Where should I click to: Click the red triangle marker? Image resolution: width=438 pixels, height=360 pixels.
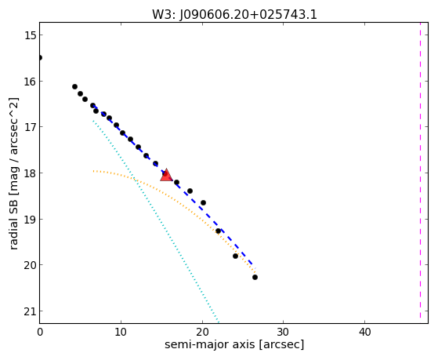point(166,175)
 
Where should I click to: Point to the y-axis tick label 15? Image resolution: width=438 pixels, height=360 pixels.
point(30,35)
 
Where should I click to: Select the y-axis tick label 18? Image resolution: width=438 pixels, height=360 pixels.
point(30,173)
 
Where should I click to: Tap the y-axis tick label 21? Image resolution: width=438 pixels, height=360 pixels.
point(30,311)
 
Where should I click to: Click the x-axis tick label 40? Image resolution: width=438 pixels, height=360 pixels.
point(364,333)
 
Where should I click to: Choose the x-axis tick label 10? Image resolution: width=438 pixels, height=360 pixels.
point(121,333)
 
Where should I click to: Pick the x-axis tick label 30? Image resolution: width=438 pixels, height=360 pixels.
point(283,333)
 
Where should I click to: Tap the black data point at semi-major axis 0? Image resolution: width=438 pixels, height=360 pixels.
point(40,57)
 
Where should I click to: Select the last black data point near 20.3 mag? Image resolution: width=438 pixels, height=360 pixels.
point(255,277)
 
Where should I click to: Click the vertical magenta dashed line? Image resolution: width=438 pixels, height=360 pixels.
point(420,170)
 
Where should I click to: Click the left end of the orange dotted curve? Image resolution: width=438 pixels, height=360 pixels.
point(93,171)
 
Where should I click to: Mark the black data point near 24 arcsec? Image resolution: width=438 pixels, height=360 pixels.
point(236,256)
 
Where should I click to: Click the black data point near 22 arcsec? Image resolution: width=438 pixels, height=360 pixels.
point(218,231)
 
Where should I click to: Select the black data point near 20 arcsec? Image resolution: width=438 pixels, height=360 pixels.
point(204,203)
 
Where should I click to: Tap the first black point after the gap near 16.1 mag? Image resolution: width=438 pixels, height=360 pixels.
point(75,87)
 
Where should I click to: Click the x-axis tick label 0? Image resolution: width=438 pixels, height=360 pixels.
point(40,333)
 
